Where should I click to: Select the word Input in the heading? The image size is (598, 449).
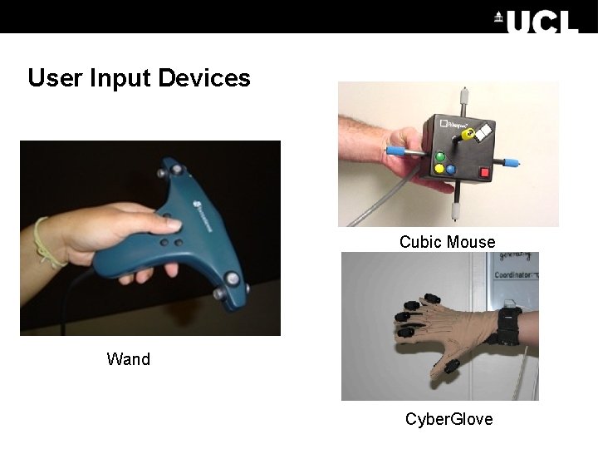click(121, 78)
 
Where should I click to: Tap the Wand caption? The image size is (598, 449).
click(129, 359)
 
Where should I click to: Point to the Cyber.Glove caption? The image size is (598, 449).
click(448, 419)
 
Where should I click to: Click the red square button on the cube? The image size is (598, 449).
click(484, 172)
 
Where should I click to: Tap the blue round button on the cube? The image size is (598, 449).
click(450, 169)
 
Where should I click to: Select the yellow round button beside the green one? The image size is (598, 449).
click(439, 170)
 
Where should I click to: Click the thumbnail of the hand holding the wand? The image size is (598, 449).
click(150, 238)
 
